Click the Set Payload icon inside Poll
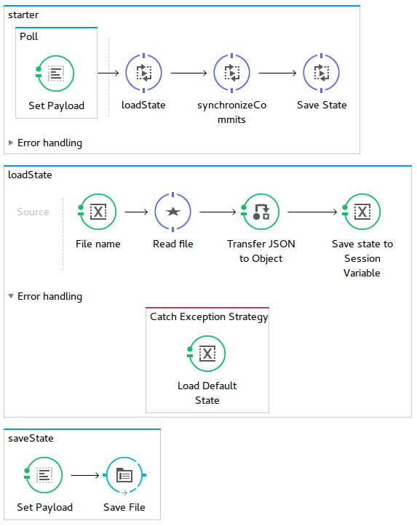coord(55,73)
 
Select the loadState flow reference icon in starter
coord(143,73)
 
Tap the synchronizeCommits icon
coord(232,73)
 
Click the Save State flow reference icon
coord(322,73)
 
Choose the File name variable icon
coord(98,212)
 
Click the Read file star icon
coord(172,212)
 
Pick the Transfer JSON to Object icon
coord(261,212)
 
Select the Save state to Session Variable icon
coord(362,212)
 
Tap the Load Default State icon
coord(207,354)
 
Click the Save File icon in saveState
coord(124,476)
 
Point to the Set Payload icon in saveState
coord(44,475)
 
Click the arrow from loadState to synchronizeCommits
coord(188,73)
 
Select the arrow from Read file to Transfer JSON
coord(218,212)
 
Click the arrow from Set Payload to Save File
coord(85,475)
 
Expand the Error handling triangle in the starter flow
coord(11,143)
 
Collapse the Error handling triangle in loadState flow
coord(11,296)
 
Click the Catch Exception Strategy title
coord(209,316)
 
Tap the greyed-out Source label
coord(33,212)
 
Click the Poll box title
coord(28,36)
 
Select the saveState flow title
coord(31,438)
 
